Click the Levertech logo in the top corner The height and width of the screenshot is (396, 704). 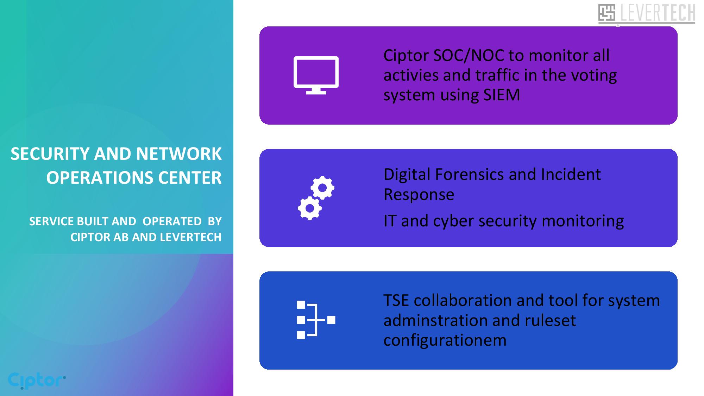coord(647,13)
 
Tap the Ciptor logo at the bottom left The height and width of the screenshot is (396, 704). coord(37,381)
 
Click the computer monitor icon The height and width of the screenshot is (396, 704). coord(316,75)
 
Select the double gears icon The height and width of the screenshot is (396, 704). coord(316,198)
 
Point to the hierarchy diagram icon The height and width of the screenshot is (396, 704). coord(316,320)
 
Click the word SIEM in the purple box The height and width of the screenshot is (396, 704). coord(502,95)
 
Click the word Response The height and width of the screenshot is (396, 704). coord(419,195)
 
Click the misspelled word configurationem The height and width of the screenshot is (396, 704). coord(445,340)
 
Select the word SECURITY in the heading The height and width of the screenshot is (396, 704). coord(50,154)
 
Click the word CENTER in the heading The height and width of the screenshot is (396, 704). coord(190,178)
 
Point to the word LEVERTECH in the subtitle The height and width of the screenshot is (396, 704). coord(191,237)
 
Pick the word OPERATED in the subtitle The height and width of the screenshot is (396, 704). coord(172,221)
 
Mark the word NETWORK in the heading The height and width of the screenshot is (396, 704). coord(179,154)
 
